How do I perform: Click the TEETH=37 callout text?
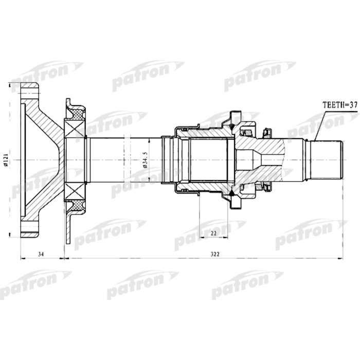339,104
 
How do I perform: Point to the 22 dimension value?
212,234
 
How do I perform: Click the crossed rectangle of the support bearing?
73,159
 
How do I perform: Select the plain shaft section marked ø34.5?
123,159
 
